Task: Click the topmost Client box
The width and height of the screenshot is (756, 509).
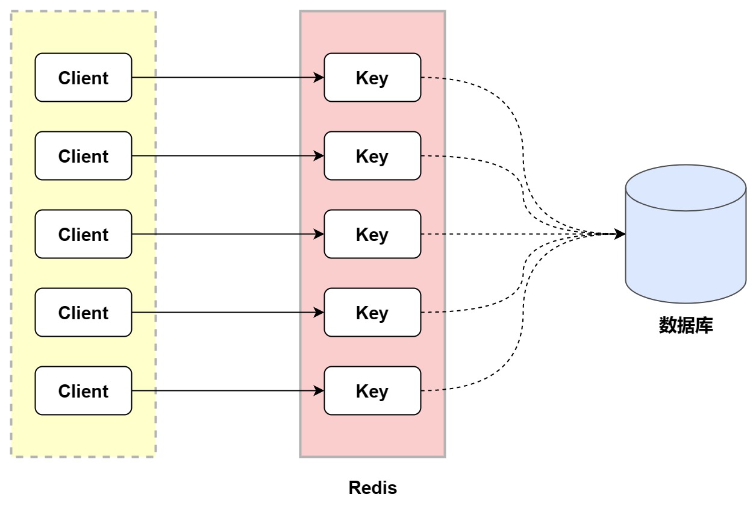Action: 83,78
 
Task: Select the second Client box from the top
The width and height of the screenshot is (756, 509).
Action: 83,156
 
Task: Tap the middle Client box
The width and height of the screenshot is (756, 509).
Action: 83,234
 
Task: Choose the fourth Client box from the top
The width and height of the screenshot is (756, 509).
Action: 83,313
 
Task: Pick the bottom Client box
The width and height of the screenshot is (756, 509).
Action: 83,391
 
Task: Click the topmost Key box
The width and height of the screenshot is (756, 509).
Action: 372,78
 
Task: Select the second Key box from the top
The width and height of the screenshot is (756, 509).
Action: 372,156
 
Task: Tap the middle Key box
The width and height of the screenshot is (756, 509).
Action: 372,234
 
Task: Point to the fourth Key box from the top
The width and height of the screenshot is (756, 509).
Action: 372,313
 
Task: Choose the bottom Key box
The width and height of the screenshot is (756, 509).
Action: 372,391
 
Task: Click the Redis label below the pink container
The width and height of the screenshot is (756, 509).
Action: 372,488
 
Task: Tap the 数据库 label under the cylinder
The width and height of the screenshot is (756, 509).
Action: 686,326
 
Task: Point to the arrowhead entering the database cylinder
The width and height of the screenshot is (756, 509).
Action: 620,234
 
